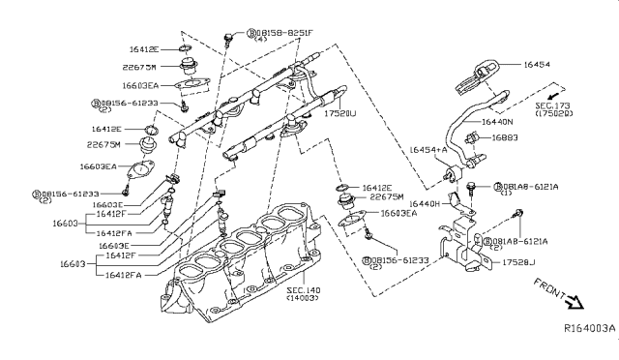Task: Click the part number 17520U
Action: [x=339, y=112]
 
